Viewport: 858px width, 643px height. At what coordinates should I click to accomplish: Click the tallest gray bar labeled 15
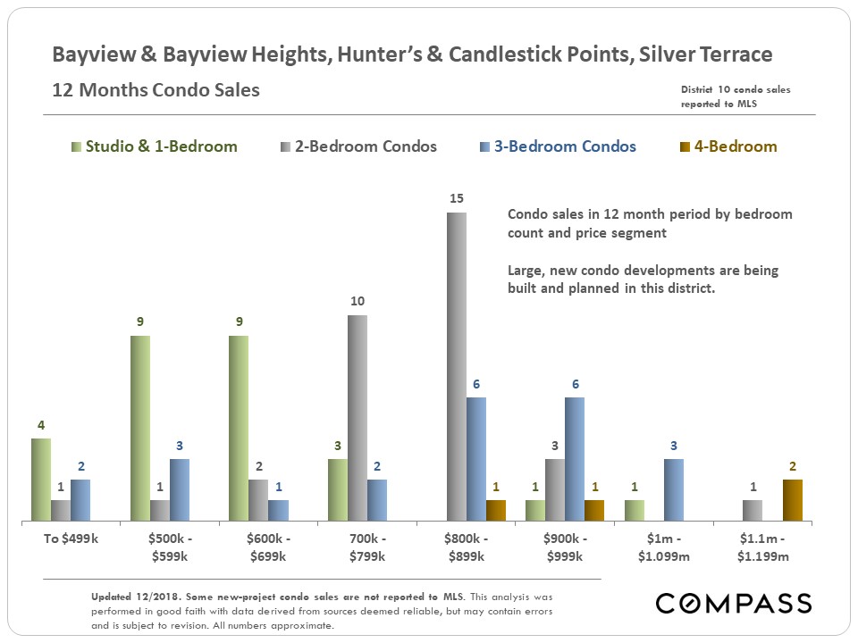click(457, 366)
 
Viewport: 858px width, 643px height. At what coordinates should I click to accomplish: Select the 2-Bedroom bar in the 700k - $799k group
click(357, 417)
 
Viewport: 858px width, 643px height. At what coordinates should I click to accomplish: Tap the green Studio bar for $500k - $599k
click(140, 428)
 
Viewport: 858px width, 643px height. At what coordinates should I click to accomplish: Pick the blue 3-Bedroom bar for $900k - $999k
click(575, 458)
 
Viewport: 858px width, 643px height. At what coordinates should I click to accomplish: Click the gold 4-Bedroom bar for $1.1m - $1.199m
click(793, 500)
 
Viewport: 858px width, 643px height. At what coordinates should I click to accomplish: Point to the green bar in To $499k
click(41, 479)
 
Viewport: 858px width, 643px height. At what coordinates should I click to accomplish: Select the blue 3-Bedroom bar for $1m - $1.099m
click(674, 489)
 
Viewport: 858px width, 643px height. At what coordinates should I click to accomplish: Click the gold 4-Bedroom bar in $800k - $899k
click(496, 510)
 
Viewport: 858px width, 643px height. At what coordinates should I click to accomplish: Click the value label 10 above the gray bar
click(357, 302)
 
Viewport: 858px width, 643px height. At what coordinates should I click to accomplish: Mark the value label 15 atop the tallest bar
click(457, 198)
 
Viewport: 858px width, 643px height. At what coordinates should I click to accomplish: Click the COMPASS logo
click(733, 603)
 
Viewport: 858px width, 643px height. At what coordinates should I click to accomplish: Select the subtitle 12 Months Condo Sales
click(156, 90)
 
